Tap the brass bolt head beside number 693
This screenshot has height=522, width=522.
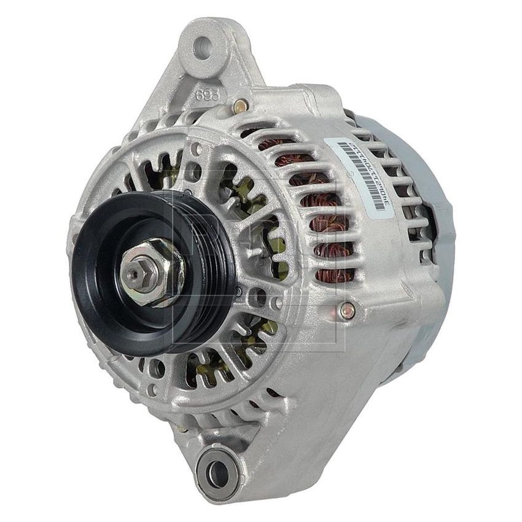pyautogui.click(x=241, y=106)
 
